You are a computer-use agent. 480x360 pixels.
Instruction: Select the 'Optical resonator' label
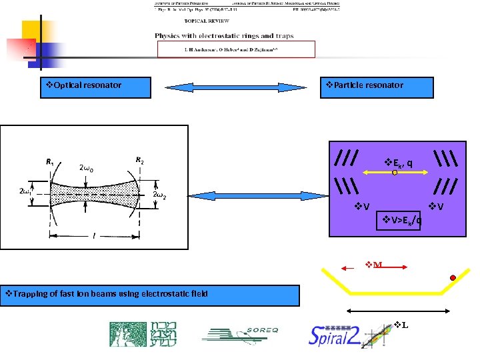click(83, 85)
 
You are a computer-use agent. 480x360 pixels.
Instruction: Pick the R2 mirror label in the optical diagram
click(140, 160)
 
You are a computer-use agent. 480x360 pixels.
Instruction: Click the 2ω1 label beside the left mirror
click(27, 191)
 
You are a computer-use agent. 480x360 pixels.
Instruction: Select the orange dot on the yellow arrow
click(394, 173)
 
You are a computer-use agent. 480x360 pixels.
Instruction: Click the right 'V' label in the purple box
click(437, 206)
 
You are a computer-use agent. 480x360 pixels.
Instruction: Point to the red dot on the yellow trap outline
click(453, 277)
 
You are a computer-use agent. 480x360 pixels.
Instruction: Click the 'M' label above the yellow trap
click(375, 265)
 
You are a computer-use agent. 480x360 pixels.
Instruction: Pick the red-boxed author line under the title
click(235, 49)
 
